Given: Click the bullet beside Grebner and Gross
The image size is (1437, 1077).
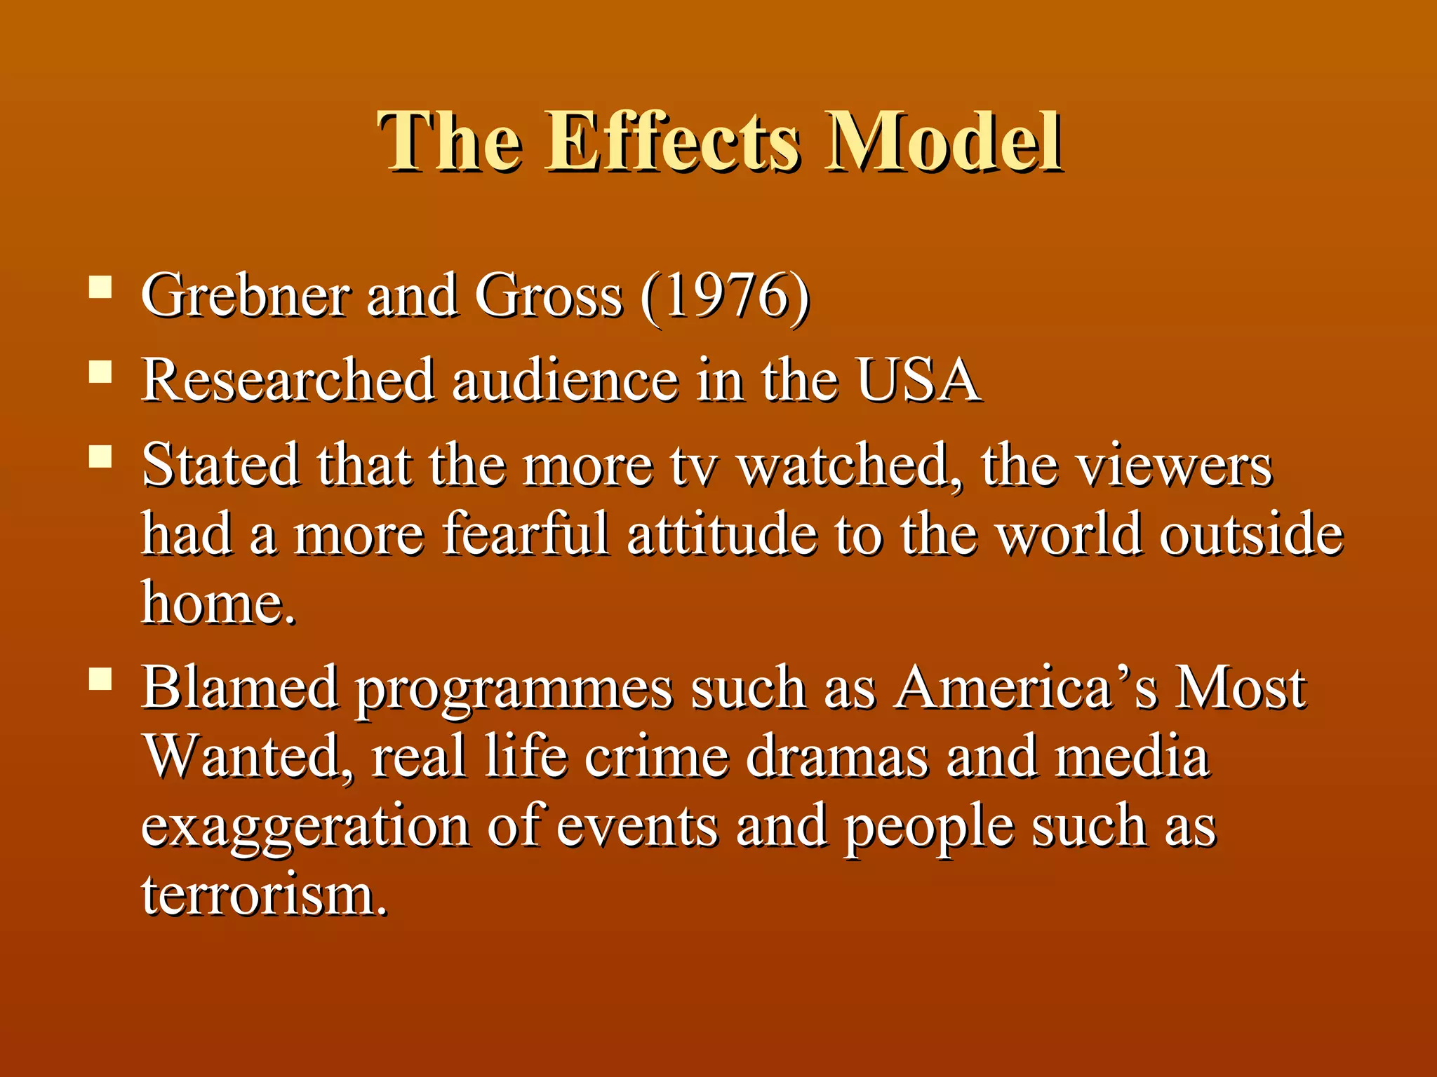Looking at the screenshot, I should click(x=101, y=287).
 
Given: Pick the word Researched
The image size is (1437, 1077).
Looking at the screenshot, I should click(x=288, y=380).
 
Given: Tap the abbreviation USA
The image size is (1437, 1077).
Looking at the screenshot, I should click(x=918, y=380).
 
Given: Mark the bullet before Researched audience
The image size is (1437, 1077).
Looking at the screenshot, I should click(x=101, y=372).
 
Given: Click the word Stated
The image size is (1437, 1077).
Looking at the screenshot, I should click(x=220, y=466).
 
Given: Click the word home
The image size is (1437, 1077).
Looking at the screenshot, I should click(x=218, y=603).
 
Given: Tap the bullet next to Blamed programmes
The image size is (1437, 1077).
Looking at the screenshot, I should click(x=101, y=679).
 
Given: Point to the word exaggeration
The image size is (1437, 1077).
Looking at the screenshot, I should click(x=306, y=827).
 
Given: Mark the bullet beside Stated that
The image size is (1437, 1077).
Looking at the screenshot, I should click(x=101, y=457).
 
